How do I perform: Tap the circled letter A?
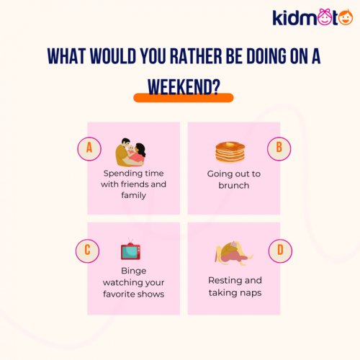[89, 148]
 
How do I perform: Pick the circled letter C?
[86, 251]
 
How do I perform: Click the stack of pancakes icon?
[230, 152]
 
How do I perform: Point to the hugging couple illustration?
[132, 152]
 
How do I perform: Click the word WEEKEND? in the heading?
[184, 85]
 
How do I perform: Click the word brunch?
[234, 185]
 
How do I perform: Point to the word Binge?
[133, 271]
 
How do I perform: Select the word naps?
[251, 293]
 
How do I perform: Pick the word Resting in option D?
[225, 280]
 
